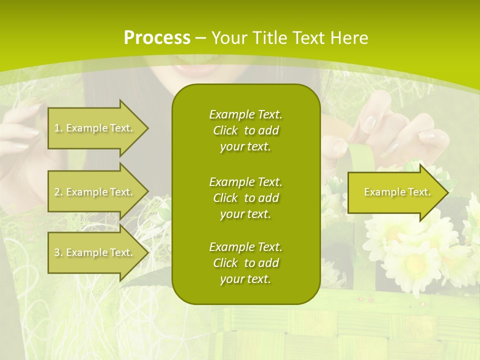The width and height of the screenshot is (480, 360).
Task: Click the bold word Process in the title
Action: click(156, 38)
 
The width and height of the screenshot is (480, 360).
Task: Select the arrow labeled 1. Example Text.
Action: click(95, 128)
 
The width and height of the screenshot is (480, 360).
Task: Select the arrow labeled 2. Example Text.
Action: click(95, 192)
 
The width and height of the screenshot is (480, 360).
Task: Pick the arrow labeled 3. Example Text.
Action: click(95, 252)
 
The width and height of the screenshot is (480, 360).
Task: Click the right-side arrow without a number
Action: click(395, 192)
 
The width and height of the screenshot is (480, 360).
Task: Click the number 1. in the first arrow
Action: click(58, 128)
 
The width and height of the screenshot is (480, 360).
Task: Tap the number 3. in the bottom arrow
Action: click(58, 252)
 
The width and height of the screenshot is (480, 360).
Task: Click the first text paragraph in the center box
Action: click(245, 130)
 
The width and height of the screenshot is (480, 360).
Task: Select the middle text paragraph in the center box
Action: click(245, 197)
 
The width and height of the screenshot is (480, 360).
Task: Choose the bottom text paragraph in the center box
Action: click(245, 263)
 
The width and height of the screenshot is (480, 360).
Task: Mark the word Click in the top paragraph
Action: click(225, 131)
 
